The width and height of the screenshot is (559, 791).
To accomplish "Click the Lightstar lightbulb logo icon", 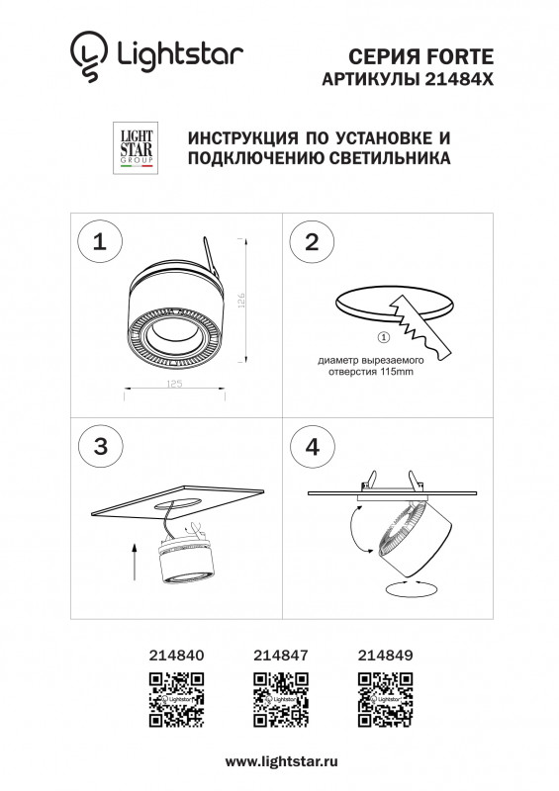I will (x=86, y=56).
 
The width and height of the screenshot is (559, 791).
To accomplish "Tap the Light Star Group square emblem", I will (x=134, y=150).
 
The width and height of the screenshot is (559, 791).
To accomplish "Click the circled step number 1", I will (x=99, y=243).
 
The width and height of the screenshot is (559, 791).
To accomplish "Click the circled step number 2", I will (x=312, y=243).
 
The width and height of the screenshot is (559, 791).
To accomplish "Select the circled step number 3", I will (x=99, y=445).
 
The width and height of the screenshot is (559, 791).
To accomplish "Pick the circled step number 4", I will (x=312, y=445).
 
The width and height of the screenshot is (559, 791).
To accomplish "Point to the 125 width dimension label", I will (x=174, y=383).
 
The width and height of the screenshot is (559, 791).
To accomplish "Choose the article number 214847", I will (x=281, y=655).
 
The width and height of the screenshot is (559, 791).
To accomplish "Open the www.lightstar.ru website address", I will (x=282, y=761).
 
